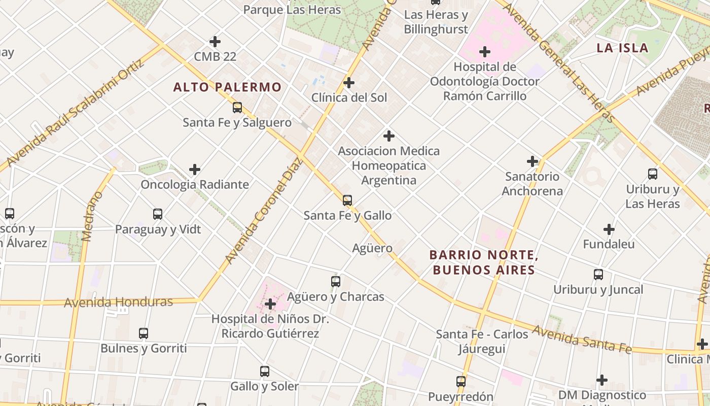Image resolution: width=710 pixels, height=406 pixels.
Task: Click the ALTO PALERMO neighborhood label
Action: pyautogui.click(x=227, y=87)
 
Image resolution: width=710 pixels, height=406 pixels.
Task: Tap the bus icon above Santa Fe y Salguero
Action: pyautogui.click(x=237, y=108)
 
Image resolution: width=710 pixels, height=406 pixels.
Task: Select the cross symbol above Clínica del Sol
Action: pyautogui.click(x=349, y=82)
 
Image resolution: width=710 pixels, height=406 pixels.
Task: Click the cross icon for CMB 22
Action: pyautogui.click(x=215, y=41)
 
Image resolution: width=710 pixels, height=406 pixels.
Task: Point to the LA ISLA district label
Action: pyautogui.click(x=622, y=48)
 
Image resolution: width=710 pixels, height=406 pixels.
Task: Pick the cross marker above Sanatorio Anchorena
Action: pyautogui.click(x=532, y=161)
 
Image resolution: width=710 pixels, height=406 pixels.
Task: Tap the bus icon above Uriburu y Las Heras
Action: pyautogui.click(x=653, y=174)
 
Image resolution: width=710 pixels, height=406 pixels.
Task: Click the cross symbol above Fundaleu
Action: pyautogui.click(x=609, y=229)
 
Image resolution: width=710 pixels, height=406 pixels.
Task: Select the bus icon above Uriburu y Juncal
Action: pyautogui.click(x=598, y=275)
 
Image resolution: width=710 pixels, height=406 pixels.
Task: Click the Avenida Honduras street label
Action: pyautogui.click(x=118, y=302)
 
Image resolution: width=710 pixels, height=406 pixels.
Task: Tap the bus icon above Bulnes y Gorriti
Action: pyautogui.click(x=144, y=333)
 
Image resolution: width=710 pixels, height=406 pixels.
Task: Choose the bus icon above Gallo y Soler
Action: pyautogui.click(x=264, y=371)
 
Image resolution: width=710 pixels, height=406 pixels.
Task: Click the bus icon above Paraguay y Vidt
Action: pyautogui.click(x=158, y=214)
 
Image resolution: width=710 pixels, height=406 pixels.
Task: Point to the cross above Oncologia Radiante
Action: pyautogui.click(x=195, y=170)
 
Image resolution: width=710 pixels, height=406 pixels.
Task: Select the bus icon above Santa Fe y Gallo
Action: pyautogui.click(x=347, y=200)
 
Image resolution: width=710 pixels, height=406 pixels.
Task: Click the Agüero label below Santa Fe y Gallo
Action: pyautogui.click(x=372, y=248)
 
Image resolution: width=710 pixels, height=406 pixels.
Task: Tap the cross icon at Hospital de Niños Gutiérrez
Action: pyautogui.click(x=270, y=304)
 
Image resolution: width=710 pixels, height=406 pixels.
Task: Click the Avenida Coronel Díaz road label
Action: pyautogui.click(x=263, y=211)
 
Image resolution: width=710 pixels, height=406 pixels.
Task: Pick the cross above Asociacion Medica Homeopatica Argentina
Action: pyautogui.click(x=389, y=136)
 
